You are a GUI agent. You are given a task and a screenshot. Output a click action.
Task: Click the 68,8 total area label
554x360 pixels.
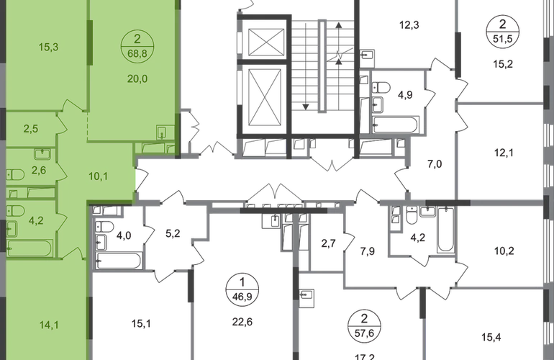tap(137, 54)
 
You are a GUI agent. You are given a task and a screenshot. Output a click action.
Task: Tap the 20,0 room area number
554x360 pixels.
tap(137, 79)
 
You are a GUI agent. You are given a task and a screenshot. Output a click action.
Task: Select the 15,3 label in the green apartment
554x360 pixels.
tap(48, 47)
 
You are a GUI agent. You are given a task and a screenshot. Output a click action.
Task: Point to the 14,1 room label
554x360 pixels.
tap(49, 325)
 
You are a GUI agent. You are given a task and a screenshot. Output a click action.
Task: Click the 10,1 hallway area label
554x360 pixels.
tap(99, 176)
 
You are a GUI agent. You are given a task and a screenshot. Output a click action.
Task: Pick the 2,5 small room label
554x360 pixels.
tap(31, 129)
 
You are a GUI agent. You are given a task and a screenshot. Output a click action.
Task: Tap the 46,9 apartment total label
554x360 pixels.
tap(242, 297)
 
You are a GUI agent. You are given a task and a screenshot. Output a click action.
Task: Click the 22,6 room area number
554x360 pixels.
tap(242, 322)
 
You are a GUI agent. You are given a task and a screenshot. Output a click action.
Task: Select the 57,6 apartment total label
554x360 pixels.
tap(364, 333)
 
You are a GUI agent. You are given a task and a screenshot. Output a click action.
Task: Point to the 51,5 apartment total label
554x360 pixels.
tap(503, 38)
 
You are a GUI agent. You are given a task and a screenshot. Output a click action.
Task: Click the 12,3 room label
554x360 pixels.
tap(409, 25)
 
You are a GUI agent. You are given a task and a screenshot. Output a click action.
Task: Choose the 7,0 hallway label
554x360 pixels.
tap(435, 164)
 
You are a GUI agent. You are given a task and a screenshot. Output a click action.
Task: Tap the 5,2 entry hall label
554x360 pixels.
tap(173, 233)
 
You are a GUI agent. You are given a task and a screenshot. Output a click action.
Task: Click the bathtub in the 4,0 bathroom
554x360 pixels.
tap(119, 261)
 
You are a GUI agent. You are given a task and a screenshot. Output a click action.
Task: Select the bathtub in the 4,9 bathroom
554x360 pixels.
tap(396, 125)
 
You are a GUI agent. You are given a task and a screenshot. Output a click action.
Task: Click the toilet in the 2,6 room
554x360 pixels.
tap(15, 175)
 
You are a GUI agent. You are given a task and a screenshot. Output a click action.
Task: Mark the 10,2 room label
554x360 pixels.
tap(504, 251)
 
